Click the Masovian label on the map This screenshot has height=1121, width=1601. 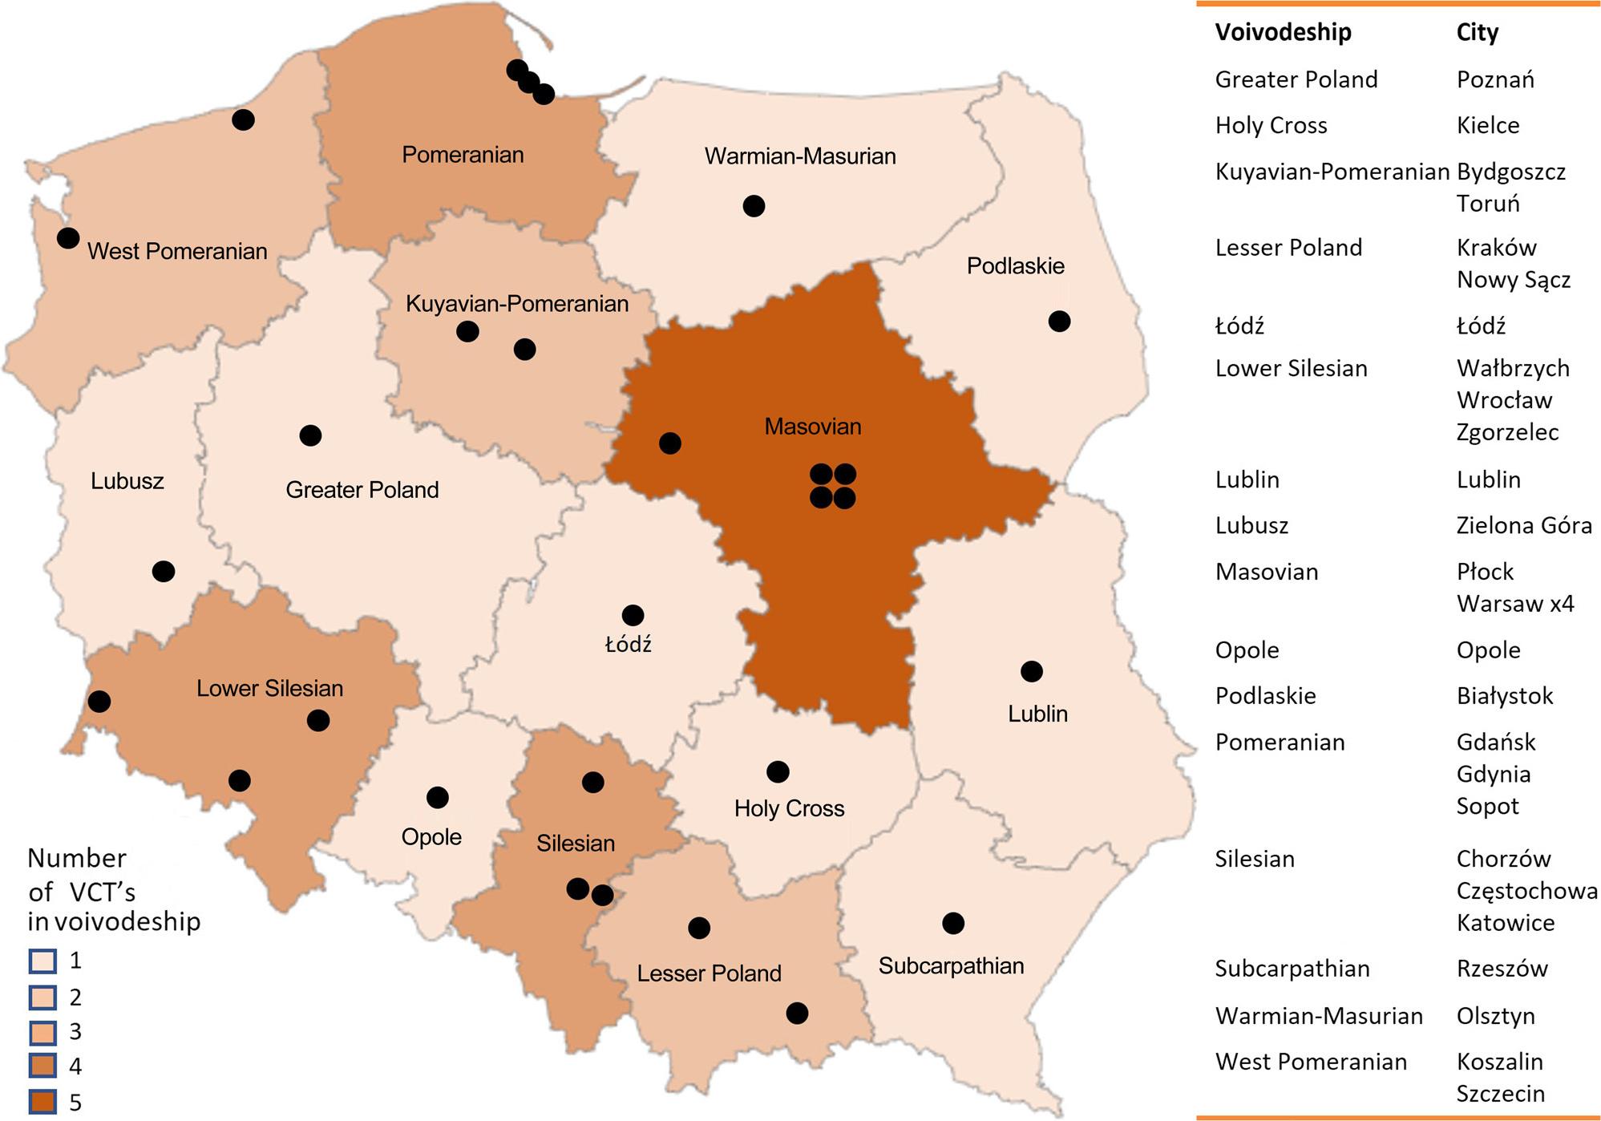(812, 427)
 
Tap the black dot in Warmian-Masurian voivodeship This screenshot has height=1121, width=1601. (754, 206)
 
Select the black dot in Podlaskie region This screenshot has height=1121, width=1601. (1059, 322)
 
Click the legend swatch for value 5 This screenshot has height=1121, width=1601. (42, 1101)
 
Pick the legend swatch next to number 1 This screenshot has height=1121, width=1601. (42, 961)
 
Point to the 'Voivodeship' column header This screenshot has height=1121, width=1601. (1283, 32)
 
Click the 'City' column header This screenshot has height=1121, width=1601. (1477, 32)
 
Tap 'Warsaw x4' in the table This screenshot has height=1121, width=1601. (1514, 603)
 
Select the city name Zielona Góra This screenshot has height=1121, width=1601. (1523, 525)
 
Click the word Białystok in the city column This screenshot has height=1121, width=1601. (1504, 695)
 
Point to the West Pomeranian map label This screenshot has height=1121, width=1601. (177, 251)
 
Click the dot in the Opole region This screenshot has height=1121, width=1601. (438, 797)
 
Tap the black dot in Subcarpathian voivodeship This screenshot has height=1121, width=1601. (953, 923)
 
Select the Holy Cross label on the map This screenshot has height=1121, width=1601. (789, 808)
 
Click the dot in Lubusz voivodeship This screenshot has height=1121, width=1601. (164, 571)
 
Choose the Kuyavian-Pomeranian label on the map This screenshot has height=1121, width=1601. (516, 304)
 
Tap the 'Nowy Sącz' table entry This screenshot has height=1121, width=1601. (1513, 279)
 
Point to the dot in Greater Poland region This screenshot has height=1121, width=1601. (310, 435)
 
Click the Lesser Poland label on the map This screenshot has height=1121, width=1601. (709, 973)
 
